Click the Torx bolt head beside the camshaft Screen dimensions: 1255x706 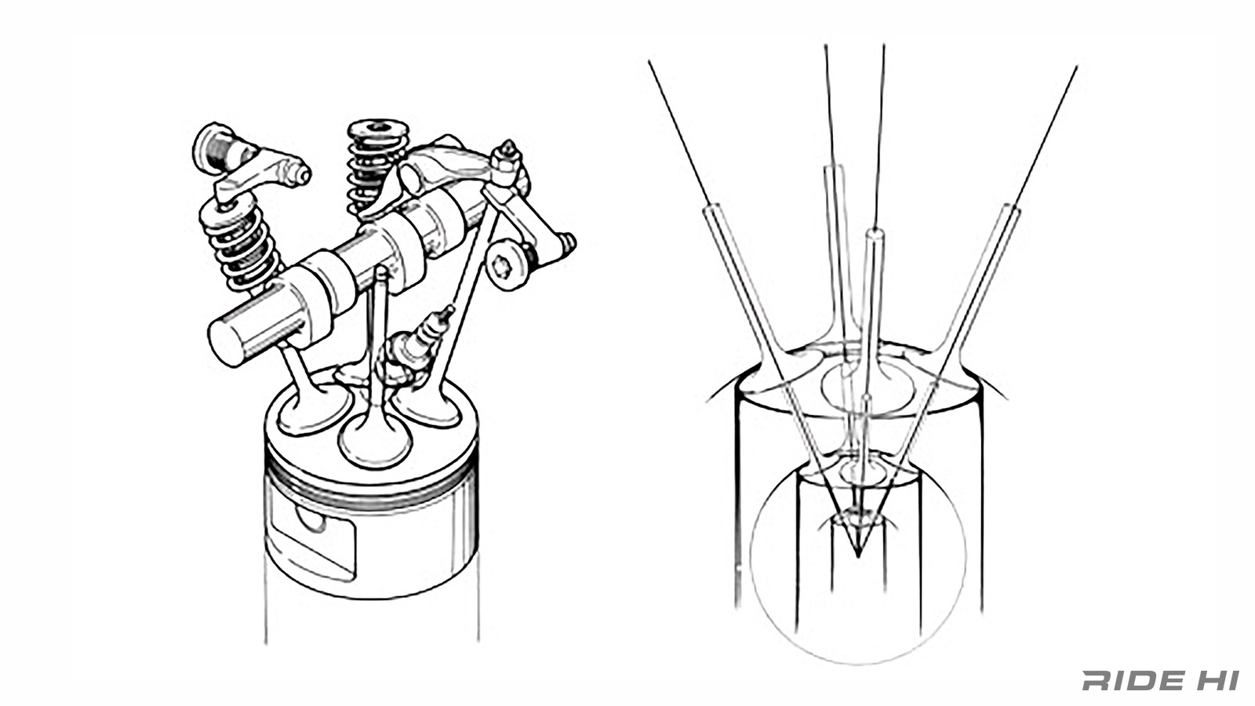click(x=506, y=264)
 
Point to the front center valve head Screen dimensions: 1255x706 click(x=375, y=440)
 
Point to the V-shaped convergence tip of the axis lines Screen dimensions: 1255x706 click(x=857, y=555)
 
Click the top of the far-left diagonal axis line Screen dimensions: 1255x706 click(x=649, y=61)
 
